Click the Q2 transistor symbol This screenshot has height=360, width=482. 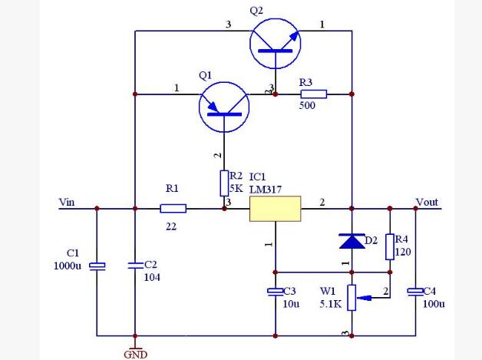pyautogui.click(x=275, y=43)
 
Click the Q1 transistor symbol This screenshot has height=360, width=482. pyautogui.click(x=224, y=107)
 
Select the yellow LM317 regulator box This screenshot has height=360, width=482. pyautogui.click(x=275, y=209)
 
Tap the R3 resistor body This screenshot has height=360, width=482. pyautogui.click(x=314, y=94)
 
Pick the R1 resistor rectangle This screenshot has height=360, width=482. pyautogui.click(x=173, y=209)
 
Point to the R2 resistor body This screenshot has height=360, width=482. pyautogui.click(x=224, y=183)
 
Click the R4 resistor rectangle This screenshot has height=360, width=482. pyautogui.click(x=390, y=247)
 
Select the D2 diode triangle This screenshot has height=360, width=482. pyautogui.click(x=352, y=241)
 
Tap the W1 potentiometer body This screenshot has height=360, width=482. pyautogui.click(x=352, y=298)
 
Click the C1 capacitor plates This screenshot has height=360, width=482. pyautogui.click(x=97, y=266)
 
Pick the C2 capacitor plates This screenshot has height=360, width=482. pyautogui.click(x=135, y=266)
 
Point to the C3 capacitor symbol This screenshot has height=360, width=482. pyautogui.click(x=275, y=292)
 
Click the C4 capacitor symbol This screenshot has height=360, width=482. pyautogui.click(x=415, y=292)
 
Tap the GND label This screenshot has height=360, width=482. pyautogui.click(x=136, y=355)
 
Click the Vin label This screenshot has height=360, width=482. pyautogui.click(x=67, y=202)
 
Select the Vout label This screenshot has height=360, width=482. pyautogui.click(x=427, y=202)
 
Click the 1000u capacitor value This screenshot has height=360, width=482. pyautogui.click(x=68, y=266)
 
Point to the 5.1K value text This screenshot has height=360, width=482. pyautogui.click(x=331, y=304)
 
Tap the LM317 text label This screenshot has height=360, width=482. pyautogui.click(x=266, y=190)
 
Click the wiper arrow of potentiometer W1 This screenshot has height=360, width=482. pyautogui.click(x=365, y=298)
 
